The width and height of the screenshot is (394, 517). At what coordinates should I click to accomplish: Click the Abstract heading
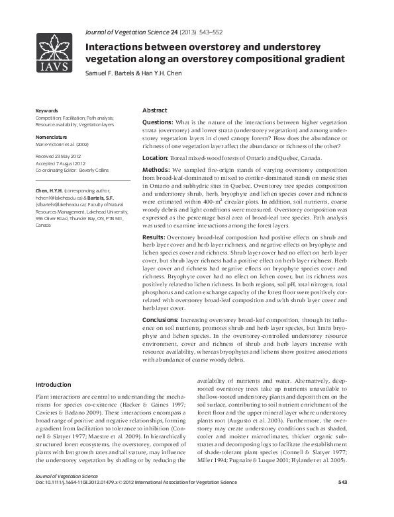[155, 110]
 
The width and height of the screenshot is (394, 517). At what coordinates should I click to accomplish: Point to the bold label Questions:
[158, 123]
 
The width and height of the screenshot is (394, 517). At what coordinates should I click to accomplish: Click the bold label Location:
[156, 158]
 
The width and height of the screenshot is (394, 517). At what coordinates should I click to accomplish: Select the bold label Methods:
[157, 170]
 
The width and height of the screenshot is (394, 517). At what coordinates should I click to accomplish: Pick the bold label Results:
[155, 237]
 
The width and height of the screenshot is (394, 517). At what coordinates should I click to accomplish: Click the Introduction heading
[53, 384]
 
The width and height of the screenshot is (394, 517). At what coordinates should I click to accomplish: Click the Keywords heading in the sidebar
[47, 110]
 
